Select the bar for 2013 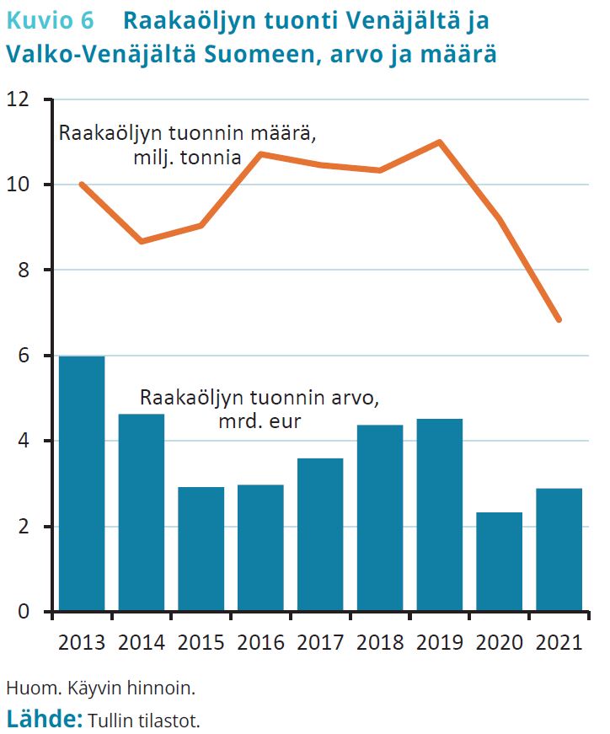pos(82,484)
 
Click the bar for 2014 pos(142,512)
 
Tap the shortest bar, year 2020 pos(500,561)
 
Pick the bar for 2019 pos(440,515)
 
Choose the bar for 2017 pos(320,534)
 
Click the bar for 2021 pos(559,549)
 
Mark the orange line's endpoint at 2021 pos(559,319)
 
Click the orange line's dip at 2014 pos(142,241)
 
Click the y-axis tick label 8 pos(23,271)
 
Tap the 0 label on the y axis pos(23,612)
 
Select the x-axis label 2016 pos(260,643)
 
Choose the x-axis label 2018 pos(380,643)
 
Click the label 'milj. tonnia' pos(187,157)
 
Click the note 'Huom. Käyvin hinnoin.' pos(100,688)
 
